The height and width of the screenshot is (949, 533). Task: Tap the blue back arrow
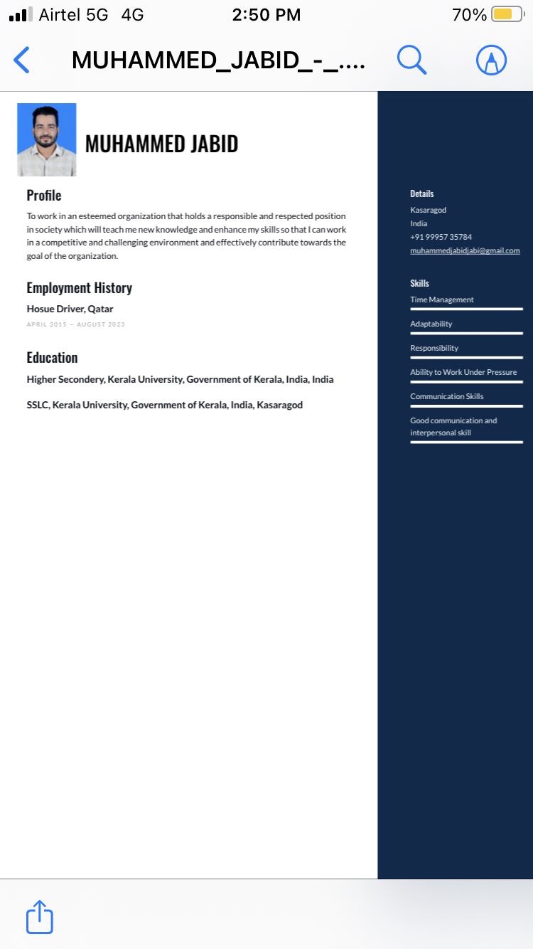click(22, 60)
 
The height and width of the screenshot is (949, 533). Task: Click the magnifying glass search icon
click(411, 60)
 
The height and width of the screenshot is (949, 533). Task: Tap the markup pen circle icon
click(491, 60)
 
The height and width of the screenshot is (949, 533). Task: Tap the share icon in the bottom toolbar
click(40, 917)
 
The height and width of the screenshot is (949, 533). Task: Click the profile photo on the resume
click(47, 139)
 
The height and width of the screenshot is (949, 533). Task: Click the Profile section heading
click(44, 195)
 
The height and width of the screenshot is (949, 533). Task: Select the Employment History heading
click(79, 287)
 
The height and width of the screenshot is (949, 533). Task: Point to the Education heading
click(52, 357)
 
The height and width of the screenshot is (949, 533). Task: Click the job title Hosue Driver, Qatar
click(70, 309)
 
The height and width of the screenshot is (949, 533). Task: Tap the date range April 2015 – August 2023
click(75, 324)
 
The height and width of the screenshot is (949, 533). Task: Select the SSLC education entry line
click(164, 405)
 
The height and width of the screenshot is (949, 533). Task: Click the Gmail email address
click(465, 250)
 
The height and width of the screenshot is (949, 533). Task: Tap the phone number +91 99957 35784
click(441, 237)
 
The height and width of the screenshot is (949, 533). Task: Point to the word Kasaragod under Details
click(428, 210)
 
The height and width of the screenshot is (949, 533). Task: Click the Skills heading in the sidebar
click(419, 283)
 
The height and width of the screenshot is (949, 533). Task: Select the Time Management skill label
click(441, 299)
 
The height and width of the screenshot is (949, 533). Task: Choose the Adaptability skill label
click(431, 324)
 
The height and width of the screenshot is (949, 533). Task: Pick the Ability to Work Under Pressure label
click(463, 372)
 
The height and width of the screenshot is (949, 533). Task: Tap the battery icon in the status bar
click(507, 14)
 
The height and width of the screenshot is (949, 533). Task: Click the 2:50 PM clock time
click(266, 14)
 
